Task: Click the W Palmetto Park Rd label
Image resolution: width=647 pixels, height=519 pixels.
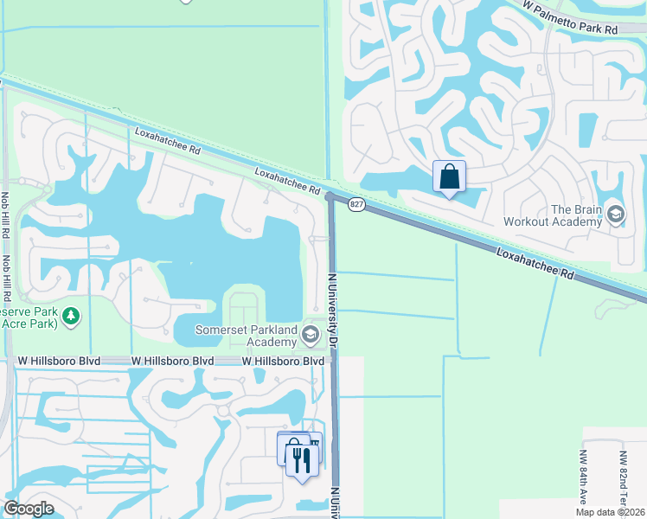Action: point(571,16)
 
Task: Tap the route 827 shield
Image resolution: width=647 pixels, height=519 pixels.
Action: point(356,204)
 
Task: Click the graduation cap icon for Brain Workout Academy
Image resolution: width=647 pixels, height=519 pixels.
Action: point(616,213)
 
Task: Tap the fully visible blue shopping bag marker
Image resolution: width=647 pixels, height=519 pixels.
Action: point(450,177)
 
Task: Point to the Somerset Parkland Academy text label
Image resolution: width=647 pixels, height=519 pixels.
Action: point(246,336)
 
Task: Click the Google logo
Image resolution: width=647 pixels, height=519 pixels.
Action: point(29,509)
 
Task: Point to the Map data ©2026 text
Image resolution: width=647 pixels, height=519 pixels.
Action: point(611,512)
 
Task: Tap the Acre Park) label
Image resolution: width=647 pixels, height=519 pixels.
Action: point(29,324)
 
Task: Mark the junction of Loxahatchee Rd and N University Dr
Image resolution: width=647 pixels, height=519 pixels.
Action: point(330,197)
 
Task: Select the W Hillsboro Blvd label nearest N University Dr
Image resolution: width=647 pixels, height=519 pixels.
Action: point(283,361)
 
